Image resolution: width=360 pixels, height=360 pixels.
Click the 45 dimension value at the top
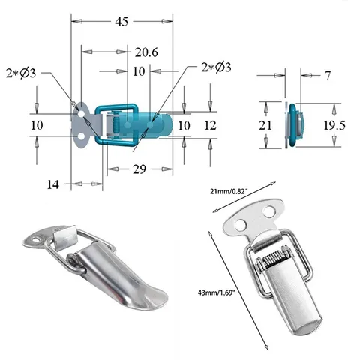[x=121, y=22]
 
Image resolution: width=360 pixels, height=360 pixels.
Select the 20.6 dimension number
[x=146, y=52]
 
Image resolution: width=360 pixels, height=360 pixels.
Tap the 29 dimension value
[x=139, y=169]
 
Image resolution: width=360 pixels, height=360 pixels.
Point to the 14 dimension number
[x=53, y=184]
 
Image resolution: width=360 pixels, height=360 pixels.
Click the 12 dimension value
[x=210, y=125]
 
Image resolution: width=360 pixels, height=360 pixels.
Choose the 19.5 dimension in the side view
[x=334, y=125]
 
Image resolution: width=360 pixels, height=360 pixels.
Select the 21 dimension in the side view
[x=265, y=125]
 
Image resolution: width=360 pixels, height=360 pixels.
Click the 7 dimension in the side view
[x=328, y=75]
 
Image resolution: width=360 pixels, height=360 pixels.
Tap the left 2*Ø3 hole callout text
[x=21, y=73]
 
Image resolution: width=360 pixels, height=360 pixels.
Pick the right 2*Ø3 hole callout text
[x=217, y=67]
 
